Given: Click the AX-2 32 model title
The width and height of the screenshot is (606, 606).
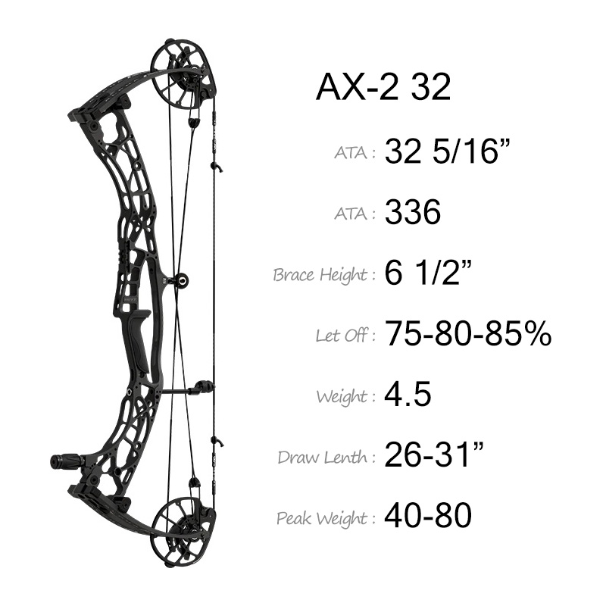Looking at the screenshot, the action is tap(383, 88).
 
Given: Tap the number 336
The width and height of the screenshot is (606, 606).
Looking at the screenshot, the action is tap(413, 212).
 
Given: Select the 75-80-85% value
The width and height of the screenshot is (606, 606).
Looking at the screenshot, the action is tap(468, 333).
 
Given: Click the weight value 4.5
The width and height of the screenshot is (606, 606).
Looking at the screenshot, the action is tap(408, 394).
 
